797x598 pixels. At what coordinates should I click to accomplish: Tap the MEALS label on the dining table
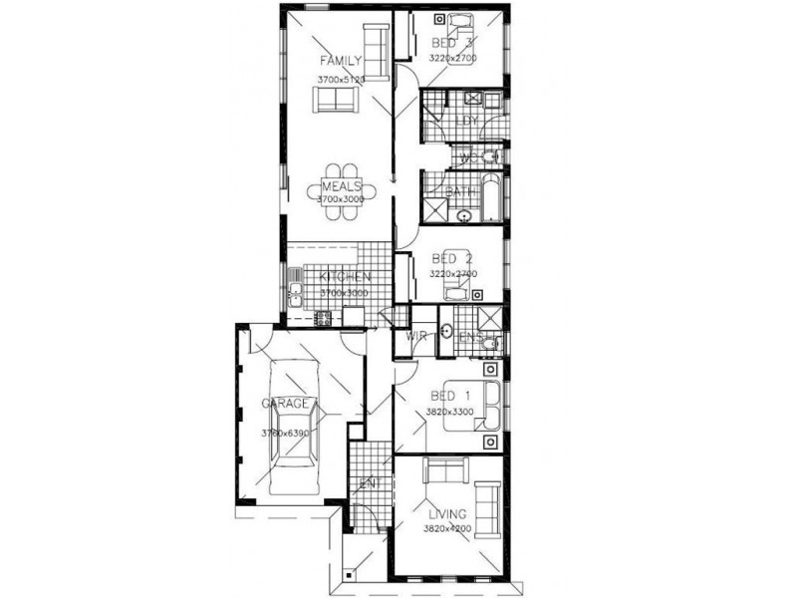pos(341,185)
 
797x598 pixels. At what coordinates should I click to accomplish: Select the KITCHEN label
pos(345,277)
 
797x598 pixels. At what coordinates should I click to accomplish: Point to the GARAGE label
pos(284,404)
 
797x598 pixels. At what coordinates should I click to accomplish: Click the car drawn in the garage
pos(296,429)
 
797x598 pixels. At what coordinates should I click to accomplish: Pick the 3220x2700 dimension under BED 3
pos(453,59)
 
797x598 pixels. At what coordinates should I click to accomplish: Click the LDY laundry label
pos(466,121)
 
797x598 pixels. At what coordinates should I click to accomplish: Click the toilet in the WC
pos(489,156)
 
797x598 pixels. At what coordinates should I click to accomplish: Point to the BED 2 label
pos(453,257)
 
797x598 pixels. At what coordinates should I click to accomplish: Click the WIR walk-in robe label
pos(415,337)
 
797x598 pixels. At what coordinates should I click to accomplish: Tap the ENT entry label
pos(370,483)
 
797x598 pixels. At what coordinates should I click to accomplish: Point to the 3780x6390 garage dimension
pos(284,434)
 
